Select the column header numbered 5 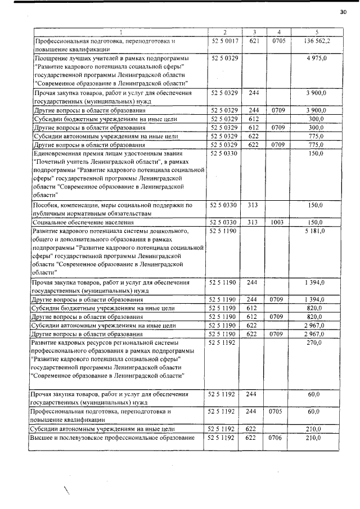tap(317, 32)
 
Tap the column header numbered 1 tap(119, 32)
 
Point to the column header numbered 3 tap(254, 32)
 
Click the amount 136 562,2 tap(317, 41)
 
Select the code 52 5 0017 tap(225, 41)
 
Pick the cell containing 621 tap(254, 41)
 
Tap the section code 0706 tap(277, 436)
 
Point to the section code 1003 tap(277, 222)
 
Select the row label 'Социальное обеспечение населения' tap(82, 222)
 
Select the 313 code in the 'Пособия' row tap(254, 205)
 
